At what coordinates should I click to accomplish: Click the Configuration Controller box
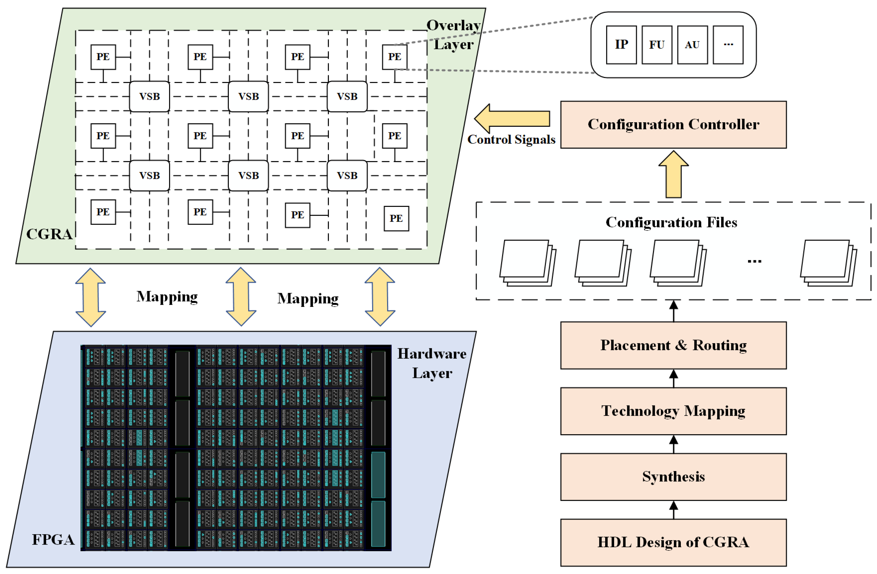click(x=673, y=124)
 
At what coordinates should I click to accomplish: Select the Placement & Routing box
click(x=673, y=345)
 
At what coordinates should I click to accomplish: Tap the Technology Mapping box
click(x=673, y=411)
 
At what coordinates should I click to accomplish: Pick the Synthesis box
click(x=673, y=476)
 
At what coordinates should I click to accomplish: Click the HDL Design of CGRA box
click(x=673, y=542)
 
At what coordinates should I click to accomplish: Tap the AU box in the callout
click(x=692, y=45)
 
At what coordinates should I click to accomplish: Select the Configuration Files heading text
click(x=671, y=222)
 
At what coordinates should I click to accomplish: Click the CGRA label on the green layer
click(x=49, y=234)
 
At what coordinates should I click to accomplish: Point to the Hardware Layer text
click(x=432, y=363)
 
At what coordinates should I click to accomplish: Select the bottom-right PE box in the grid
click(x=396, y=218)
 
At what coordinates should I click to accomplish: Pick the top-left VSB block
click(x=149, y=97)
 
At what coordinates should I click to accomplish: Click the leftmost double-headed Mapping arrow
click(x=91, y=297)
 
